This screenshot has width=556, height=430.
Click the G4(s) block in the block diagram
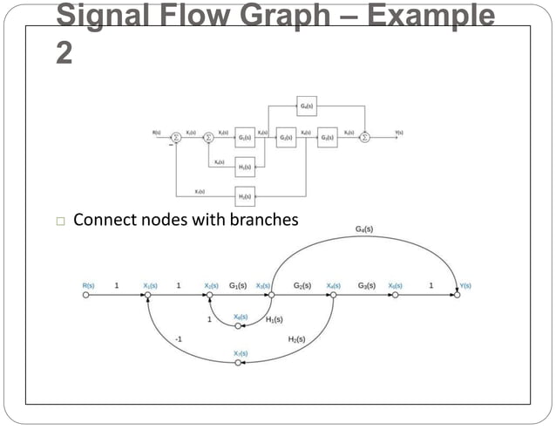tap(306, 106)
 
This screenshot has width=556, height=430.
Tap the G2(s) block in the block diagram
tap(285, 137)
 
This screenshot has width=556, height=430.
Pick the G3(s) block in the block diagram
tap(327, 137)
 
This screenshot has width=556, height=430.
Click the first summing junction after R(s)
tap(175, 137)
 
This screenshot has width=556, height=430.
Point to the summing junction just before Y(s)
tap(365, 137)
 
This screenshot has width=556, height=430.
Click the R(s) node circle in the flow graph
tap(86, 295)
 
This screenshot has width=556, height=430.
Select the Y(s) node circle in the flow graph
tap(455, 295)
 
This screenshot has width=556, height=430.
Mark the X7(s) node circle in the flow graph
tap(238, 362)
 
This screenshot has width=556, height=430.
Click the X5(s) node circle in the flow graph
tap(395, 295)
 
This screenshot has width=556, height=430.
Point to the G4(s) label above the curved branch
tap(364, 229)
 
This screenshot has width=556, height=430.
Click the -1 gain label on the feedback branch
tap(180, 337)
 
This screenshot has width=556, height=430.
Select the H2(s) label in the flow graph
tap(296, 338)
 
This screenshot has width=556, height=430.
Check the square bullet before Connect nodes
tap(61, 221)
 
